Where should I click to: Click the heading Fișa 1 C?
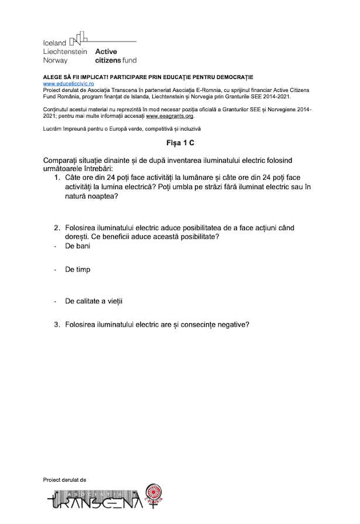[x=180, y=143]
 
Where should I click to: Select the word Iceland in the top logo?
[x=55, y=43]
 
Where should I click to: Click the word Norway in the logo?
[x=55, y=60]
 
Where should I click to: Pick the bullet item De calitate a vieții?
[x=94, y=301]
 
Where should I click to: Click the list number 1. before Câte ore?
[x=58, y=177]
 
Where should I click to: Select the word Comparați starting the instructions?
[x=63, y=160]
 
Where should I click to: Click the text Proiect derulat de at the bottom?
[x=64, y=479]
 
